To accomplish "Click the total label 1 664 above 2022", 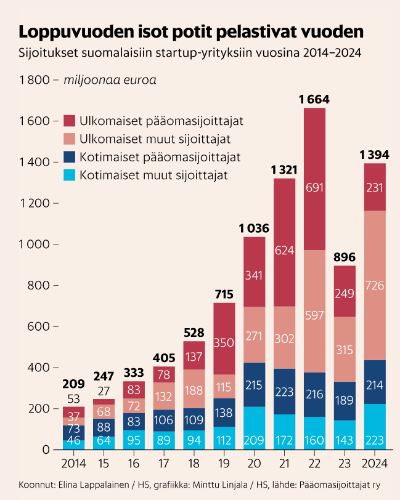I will click(314, 99).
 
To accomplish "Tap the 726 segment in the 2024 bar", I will click(375, 285).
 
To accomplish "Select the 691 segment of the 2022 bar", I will click(314, 188).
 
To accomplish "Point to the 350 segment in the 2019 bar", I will click(224, 342).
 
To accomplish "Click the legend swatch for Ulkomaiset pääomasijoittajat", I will click(69, 120).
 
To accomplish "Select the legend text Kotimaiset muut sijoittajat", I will click(153, 175).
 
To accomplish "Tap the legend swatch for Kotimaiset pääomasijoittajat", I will click(69, 157).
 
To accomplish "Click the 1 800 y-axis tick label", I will click(35, 80).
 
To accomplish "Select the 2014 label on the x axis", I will click(73, 462).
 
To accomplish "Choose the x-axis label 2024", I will click(375, 462).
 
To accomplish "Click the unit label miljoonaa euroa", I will click(110, 80).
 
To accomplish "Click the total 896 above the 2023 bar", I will click(345, 257).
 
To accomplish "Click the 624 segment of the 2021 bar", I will click(284, 251).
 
